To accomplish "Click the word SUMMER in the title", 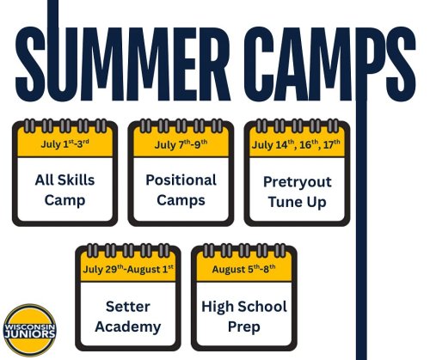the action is pyautogui.click(x=123, y=64).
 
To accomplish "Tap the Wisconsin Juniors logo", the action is pyautogui.click(x=30, y=330).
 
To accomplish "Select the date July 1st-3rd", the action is pyautogui.click(x=64, y=143).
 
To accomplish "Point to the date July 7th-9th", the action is pyautogui.click(x=181, y=144).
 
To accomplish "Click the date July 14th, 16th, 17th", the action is pyautogui.click(x=296, y=144).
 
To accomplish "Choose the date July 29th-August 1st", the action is pyautogui.click(x=128, y=269).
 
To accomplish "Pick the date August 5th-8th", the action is pyautogui.click(x=243, y=269).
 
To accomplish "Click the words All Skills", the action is pyautogui.click(x=64, y=180).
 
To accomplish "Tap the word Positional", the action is pyautogui.click(x=181, y=180).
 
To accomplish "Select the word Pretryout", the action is pyautogui.click(x=298, y=182).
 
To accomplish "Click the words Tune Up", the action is pyautogui.click(x=298, y=202).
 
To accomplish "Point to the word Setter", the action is pyautogui.click(x=128, y=307).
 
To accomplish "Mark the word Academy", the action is pyautogui.click(x=128, y=327).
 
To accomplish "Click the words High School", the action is pyautogui.click(x=244, y=307).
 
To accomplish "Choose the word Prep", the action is pyautogui.click(x=244, y=327).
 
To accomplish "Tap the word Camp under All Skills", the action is pyautogui.click(x=64, y=200).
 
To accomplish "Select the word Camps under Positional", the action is pyautogui.click(x=181, y=200).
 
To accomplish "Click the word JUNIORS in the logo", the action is pyautogui.click(x=30, y=334).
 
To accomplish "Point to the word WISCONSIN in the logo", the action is pyautogui.click(x=30, y=326).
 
